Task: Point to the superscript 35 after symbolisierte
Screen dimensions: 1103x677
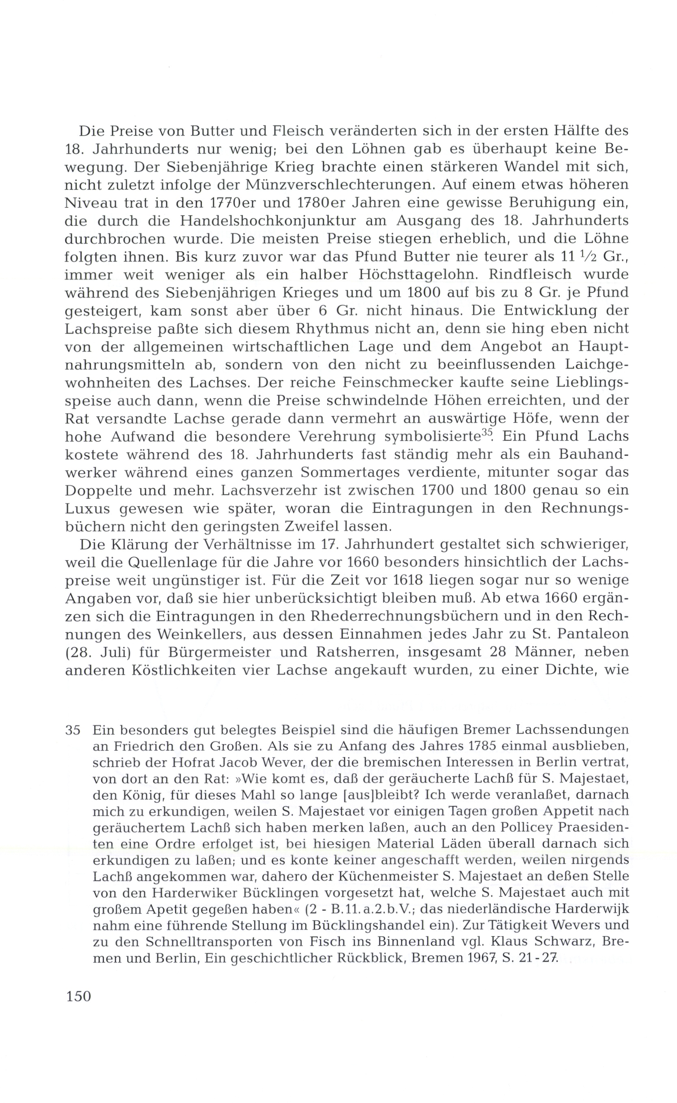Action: point(486,433)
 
